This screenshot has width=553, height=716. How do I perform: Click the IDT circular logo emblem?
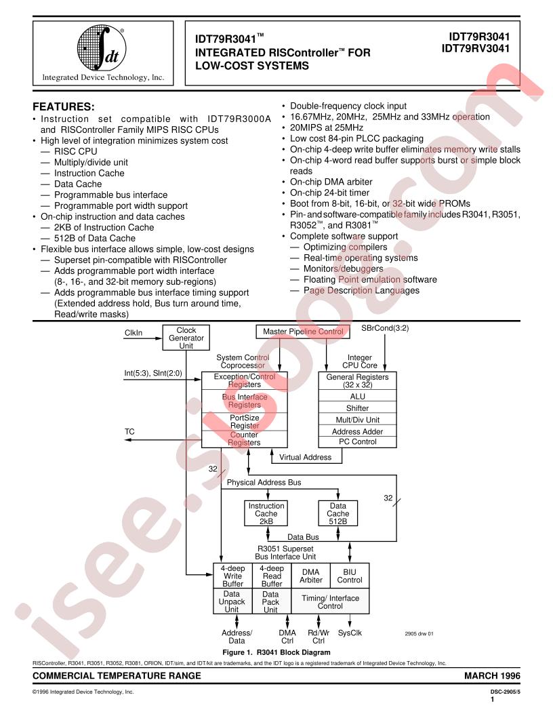pos(101,47)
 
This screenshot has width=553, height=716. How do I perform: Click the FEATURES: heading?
pos(64,107)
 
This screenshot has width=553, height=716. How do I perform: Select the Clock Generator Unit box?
pos(186,338)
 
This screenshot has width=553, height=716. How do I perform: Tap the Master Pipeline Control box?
pos(303,332)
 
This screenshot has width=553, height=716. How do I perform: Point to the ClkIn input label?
pos(134,333)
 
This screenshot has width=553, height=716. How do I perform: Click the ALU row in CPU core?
pos(357,396)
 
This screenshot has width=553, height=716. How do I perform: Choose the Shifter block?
pos(357,407)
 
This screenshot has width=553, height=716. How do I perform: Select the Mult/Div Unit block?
pos(357,420)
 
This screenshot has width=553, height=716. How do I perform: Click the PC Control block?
pos(357,442)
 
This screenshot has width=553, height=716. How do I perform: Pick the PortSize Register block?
pos(245,422)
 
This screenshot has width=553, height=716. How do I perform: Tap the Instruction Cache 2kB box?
pos(266,514)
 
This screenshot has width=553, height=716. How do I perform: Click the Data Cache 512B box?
pos(337,514)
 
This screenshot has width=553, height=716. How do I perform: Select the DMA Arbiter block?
pos(310,576)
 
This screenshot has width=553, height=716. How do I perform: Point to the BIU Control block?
pos(350,576)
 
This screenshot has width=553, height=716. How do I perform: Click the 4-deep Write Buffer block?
pos(232,576)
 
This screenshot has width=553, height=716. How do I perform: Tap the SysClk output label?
pos(350,633)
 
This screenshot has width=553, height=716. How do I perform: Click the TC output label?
pos(129,431)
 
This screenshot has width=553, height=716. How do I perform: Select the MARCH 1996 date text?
pos(492,676)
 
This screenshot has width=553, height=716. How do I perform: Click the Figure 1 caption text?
pos(276,652)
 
